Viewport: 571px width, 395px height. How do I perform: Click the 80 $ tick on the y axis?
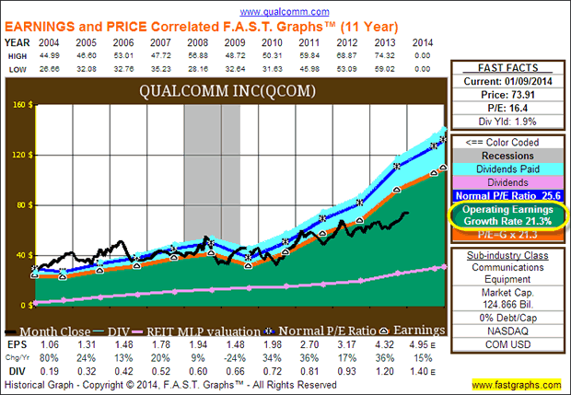[x=18, y=204]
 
